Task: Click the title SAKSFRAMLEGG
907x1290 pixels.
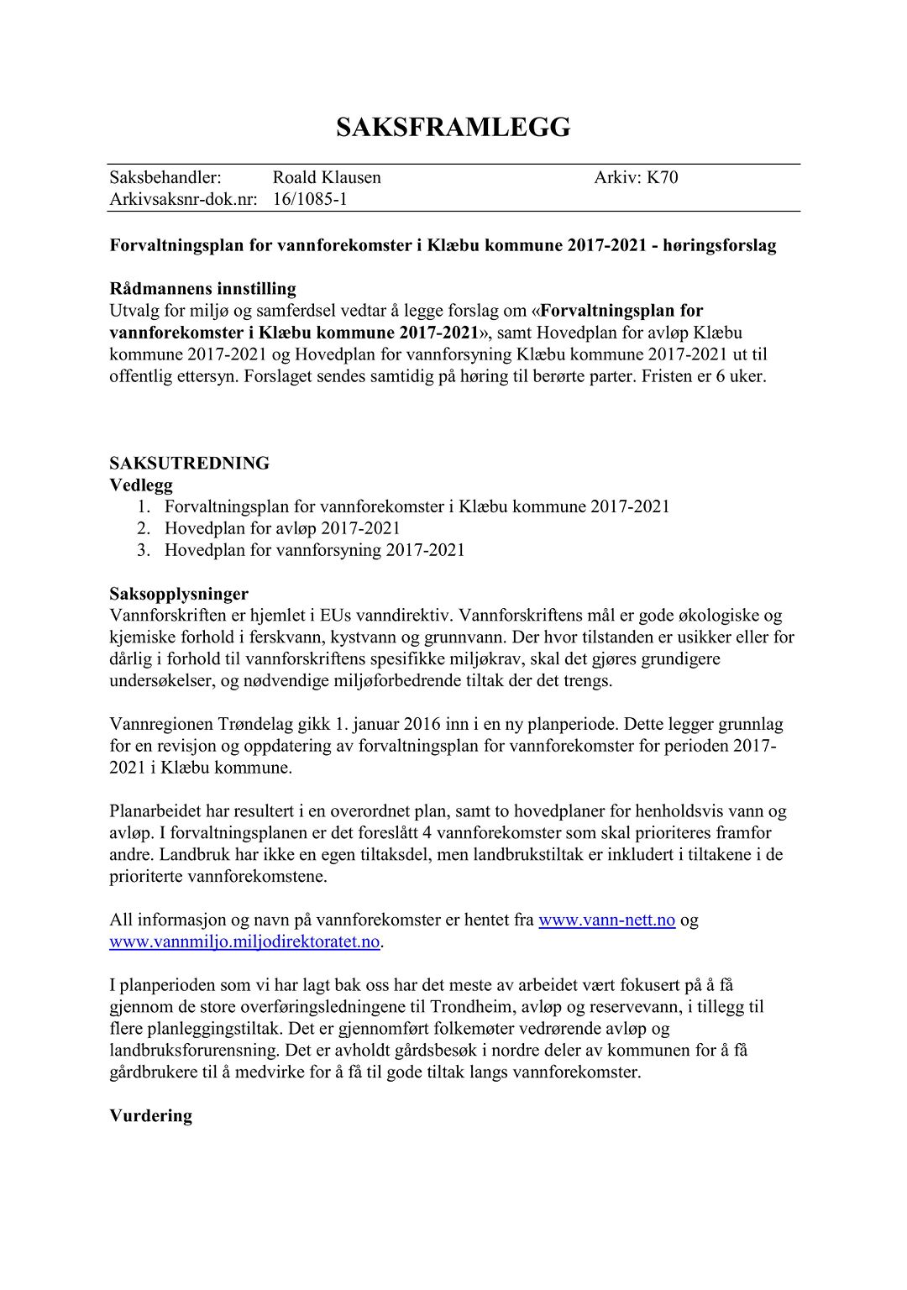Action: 453,128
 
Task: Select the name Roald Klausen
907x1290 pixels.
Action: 327,177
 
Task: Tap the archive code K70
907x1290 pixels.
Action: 662,177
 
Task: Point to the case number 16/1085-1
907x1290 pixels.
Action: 310,199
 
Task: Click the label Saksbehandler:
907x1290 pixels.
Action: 165,177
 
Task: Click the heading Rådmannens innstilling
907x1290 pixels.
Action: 202,289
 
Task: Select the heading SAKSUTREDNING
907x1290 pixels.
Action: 190,463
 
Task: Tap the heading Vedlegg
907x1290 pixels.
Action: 141,485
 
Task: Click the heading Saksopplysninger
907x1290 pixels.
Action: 179,594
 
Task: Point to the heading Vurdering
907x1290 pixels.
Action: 151,1115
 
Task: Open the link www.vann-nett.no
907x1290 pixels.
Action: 606,920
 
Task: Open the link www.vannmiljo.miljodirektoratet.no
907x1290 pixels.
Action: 245,941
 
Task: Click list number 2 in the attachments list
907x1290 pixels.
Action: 144,528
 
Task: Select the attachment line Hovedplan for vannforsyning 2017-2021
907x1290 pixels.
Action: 314,550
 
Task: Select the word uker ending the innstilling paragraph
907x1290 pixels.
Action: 747,375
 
